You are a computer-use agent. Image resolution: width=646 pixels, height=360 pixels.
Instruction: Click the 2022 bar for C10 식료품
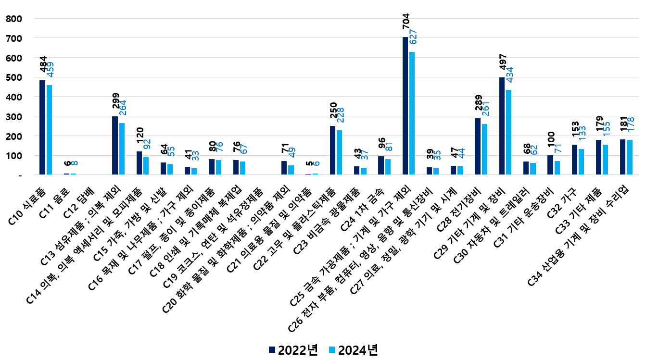[x=42, y=127]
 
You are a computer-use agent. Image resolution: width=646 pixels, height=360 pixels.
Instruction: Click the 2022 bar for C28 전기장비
[x=478, y=146]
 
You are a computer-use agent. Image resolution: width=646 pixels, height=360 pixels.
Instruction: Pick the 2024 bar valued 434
[x=509, y=132]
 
